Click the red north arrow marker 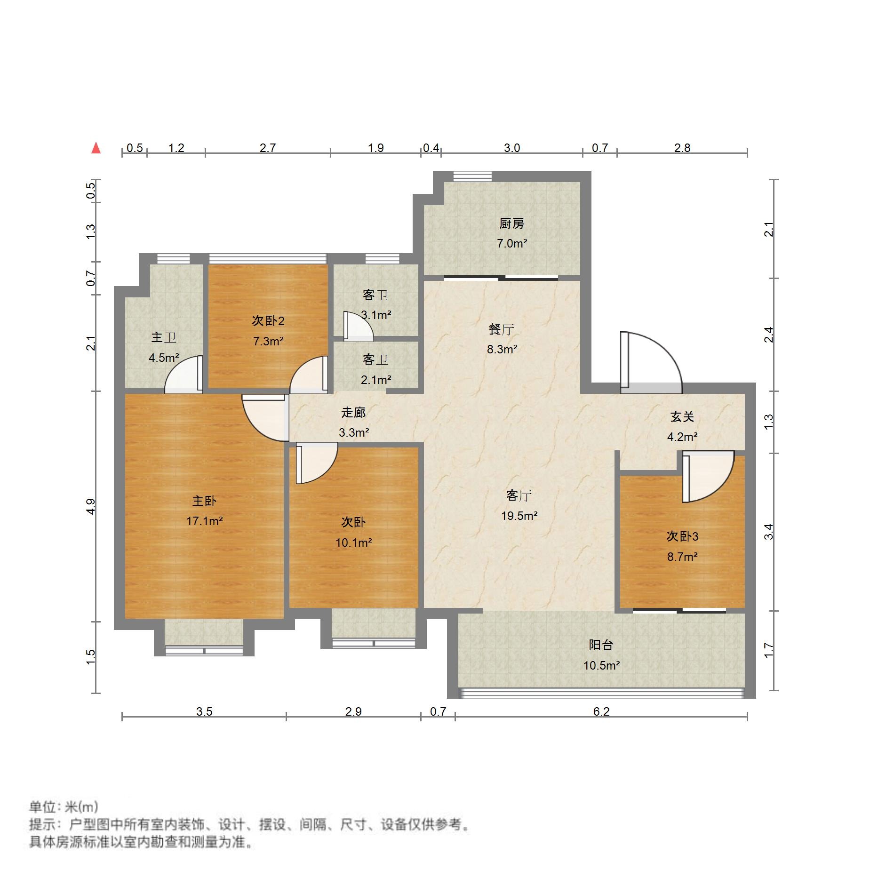click(x=96, y=148)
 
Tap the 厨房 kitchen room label click(x=511, y=223)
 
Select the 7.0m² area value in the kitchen click(x=511, y=244)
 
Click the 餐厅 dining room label click(x=501, y=329)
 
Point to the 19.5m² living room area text click(x=519, y=516)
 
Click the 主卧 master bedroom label click(x=204, y=501)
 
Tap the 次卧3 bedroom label click(x=682, y=536)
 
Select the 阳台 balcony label click(x=601, y=645)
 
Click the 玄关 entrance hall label click(x=682, y=416)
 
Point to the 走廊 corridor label click(x=353, y=413)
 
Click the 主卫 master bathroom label click(x=163, y=337)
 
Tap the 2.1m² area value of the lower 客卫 click(x=376, y=379)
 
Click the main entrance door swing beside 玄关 click(x=652, y=360)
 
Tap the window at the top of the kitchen click(x=472, y=176)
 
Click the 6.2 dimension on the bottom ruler click(x=601, y=711)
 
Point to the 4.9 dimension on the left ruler click(x=91, y=506)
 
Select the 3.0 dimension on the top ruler click(x=511, y=148)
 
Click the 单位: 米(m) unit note click(x=64, y=807)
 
